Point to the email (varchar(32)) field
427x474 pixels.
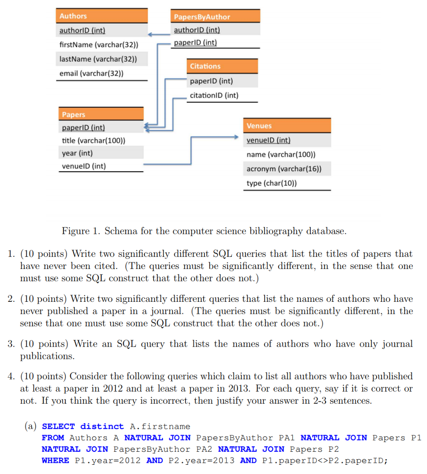point(92,74)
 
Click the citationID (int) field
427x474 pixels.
point(214,95)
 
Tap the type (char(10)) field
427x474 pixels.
point(272,183)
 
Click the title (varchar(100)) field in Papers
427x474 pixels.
point(93,140)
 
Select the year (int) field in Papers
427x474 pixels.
point(77,153)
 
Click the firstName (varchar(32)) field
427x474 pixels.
point(99,45)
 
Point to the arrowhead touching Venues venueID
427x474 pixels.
point(235,137)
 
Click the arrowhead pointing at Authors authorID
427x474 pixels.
point(150,34)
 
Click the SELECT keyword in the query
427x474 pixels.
point(58,426)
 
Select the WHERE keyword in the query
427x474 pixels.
point(55,461)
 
